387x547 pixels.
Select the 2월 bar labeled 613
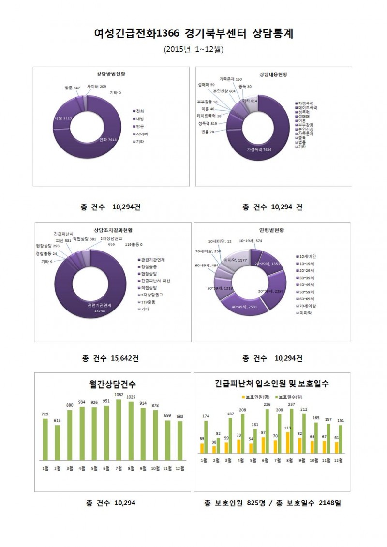tap(58, 443)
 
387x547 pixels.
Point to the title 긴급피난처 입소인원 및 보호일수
tap(271, 384)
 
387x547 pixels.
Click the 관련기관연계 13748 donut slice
tap(99, 307)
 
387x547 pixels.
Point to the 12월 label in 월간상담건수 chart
tap(179, 468)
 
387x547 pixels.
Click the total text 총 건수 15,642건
tap(110, 358)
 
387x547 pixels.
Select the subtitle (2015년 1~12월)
tap(193, 49)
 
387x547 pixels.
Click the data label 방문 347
tap(73, 88)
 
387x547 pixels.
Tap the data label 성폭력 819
tap(207, 124)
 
